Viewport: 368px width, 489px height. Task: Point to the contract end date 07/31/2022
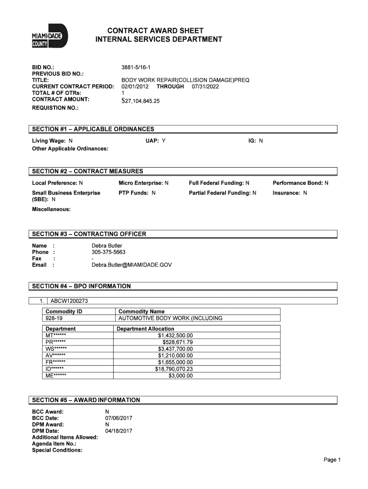[x=206, y=86]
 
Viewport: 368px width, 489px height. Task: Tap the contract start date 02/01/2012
[x=135, y=86]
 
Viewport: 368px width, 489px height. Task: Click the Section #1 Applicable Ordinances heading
[x=93, y=129]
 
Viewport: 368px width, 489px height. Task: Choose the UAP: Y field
[x=155, y=141]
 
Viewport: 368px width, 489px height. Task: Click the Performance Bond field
[x=300, y=183]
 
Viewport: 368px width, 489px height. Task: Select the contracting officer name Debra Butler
[x=107, y=245]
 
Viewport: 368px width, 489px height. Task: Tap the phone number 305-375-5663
[x=108, y=252]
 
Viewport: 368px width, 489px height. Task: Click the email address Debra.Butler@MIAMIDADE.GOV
[x=131, y=265]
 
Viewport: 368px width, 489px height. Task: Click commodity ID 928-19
[x=54, y=318]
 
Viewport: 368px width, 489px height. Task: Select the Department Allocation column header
[x=145, y=329]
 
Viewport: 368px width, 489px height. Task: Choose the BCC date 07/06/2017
[x=119, y=417]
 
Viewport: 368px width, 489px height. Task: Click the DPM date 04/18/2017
[x=119, y=430]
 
